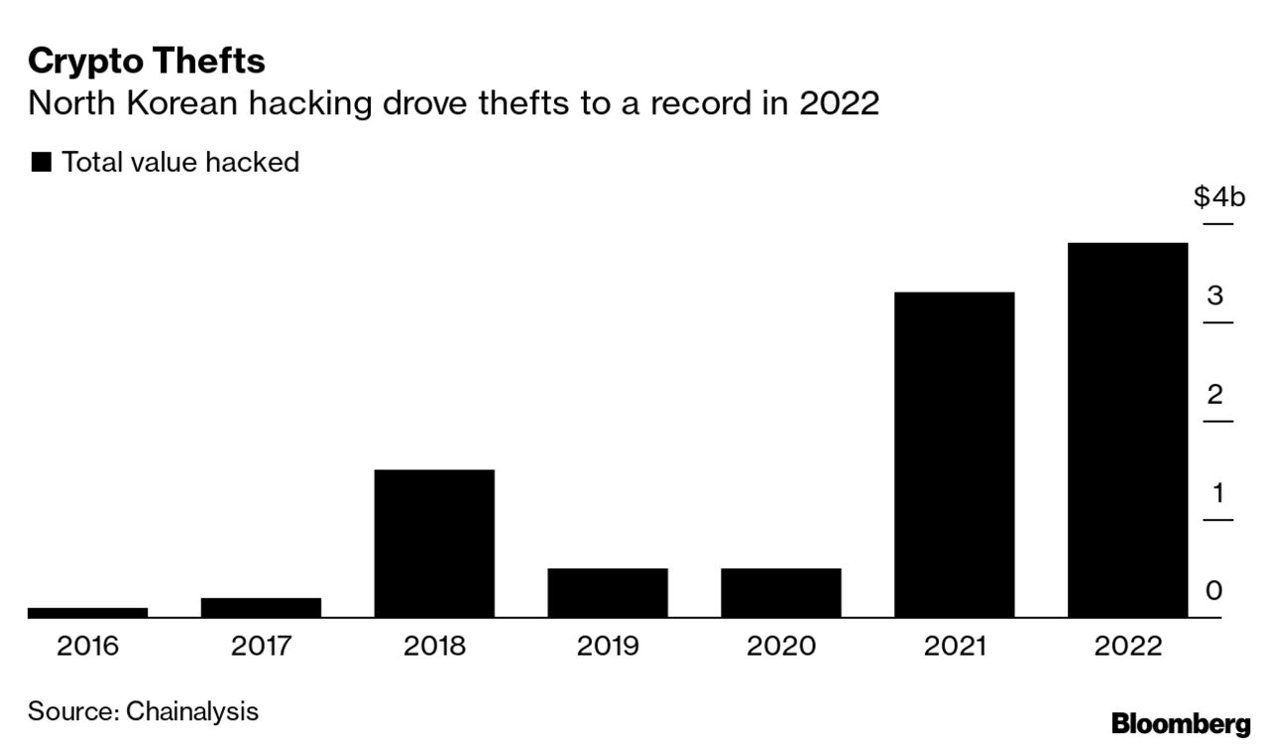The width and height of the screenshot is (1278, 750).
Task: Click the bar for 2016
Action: pos(87,612)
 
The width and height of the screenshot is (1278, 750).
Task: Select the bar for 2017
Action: pos(261,607)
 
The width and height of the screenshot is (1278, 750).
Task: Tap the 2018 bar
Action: pos(434,543)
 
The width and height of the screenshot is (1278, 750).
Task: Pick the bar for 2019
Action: pos(607,592)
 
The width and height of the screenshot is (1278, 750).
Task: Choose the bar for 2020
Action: pos(780,592)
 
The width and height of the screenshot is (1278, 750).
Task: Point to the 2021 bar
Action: pos(954,454)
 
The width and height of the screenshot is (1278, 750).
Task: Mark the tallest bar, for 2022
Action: pos(1127,430)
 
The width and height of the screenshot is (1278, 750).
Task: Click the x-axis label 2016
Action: pos(87,647)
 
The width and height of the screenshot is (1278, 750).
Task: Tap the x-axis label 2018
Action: pos(434,647)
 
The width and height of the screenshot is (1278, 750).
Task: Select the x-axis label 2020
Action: pos(780,647)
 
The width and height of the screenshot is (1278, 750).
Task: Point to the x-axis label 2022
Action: pos(1127,647)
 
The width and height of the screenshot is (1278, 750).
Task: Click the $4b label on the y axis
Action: pos(1219,197)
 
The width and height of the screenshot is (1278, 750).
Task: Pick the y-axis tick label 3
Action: pos(1215,296)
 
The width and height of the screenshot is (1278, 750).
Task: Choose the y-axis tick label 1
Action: pos(1215,493)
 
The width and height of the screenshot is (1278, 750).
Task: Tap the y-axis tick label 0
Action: pos(1215,591)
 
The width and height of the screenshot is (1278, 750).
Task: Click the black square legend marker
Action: pos(41,163)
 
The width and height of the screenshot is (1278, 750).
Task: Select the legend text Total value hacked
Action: pos(180,163)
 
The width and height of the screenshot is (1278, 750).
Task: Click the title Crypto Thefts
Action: pos(147,62)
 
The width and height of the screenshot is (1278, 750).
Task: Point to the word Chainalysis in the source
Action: pos(192,711)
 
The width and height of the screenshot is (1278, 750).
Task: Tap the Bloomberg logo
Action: pos(1181,723)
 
